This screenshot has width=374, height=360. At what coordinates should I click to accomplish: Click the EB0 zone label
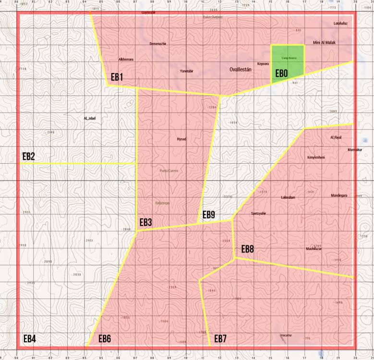(x=281, y=74)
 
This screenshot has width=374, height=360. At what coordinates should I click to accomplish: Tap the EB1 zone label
(x=117, y=77)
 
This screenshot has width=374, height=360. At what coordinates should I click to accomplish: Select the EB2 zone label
(x=29, y=156)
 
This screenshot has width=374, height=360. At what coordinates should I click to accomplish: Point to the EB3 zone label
(x=145, y=222)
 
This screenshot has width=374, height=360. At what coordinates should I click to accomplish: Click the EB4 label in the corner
(x=29, y=339)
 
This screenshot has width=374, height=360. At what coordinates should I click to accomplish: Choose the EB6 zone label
(x=105, y=339)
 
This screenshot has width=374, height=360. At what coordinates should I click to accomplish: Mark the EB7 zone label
(x=220, y=339)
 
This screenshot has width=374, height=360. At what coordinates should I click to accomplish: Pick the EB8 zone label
(x=247, y=249)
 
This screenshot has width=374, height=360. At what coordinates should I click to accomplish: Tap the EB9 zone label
(x=208, y=215)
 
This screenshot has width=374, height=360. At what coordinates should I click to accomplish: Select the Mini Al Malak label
(x=324, y=43)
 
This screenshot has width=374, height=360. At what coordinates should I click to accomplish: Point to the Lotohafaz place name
(x=340, y=23)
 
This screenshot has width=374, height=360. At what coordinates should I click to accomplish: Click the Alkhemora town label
(x=126, y=60)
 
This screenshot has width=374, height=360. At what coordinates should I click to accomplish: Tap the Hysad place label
(x=181, y=139)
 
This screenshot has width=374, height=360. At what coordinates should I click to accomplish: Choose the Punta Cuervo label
(x=169, y=170)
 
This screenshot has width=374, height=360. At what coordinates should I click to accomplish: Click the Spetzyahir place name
(x=258, y=213)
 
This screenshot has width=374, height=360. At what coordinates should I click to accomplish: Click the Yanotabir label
(x=186, y=71)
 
